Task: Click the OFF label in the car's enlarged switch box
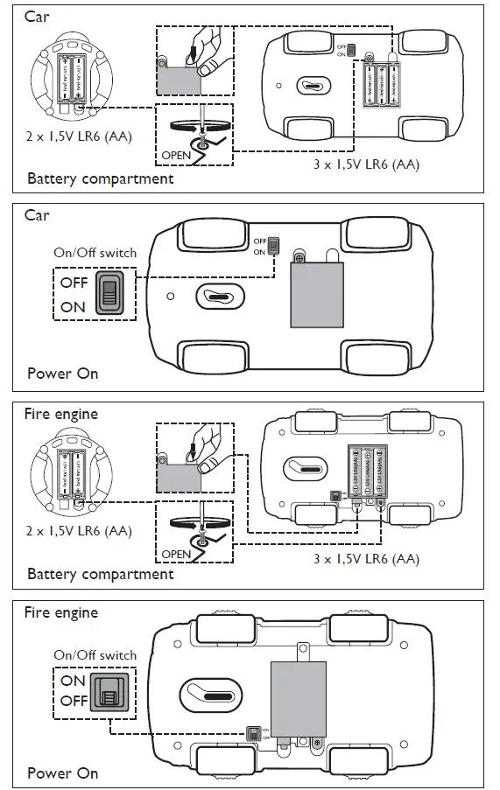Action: point(74,283)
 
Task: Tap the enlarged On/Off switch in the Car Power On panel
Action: point(109,294)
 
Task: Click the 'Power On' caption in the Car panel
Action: point(62,374)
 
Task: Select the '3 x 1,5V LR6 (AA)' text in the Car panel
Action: point(366,164)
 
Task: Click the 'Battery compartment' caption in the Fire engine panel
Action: point(100,574)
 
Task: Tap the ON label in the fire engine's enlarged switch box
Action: point(73,680)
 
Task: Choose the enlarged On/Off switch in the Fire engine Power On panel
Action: point(109,690)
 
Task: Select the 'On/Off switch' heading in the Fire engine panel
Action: point(95,654)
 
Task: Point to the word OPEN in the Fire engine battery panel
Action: point(176,554)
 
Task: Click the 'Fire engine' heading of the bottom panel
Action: point(60,612)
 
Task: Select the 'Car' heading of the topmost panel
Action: point(37,17)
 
